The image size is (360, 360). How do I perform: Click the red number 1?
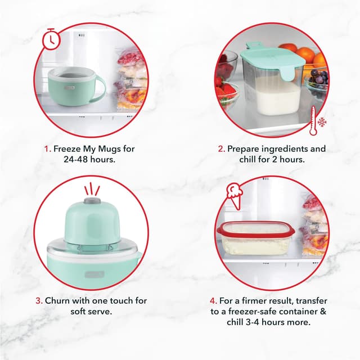tap(47, 150)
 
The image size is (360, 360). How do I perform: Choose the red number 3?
tap(38, 301)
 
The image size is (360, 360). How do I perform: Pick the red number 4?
tap(213, 301)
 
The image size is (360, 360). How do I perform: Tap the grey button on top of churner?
tap(92, 200)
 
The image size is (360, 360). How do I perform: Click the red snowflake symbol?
tap(323, 122)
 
